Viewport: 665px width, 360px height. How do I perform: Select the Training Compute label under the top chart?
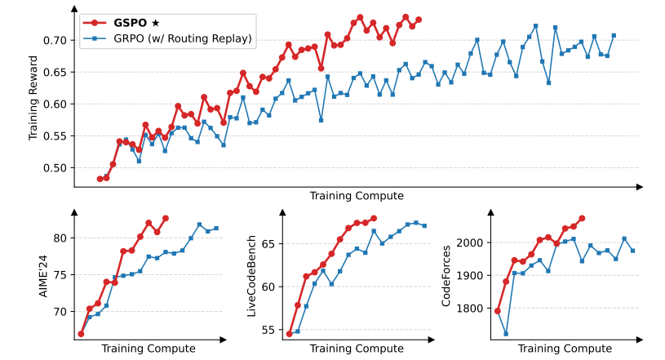[356, 196]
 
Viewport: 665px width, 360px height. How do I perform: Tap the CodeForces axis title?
[446, 275]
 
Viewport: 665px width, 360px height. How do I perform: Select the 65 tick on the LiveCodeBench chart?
[268, 243]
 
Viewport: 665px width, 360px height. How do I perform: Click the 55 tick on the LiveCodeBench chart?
[268, 330]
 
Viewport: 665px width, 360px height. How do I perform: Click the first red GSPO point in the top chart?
[100, 179]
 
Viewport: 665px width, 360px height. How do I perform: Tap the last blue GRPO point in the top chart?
[614, 36]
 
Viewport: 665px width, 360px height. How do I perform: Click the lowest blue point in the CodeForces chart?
[506, 334]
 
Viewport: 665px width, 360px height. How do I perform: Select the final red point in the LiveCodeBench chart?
[374, 218]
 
